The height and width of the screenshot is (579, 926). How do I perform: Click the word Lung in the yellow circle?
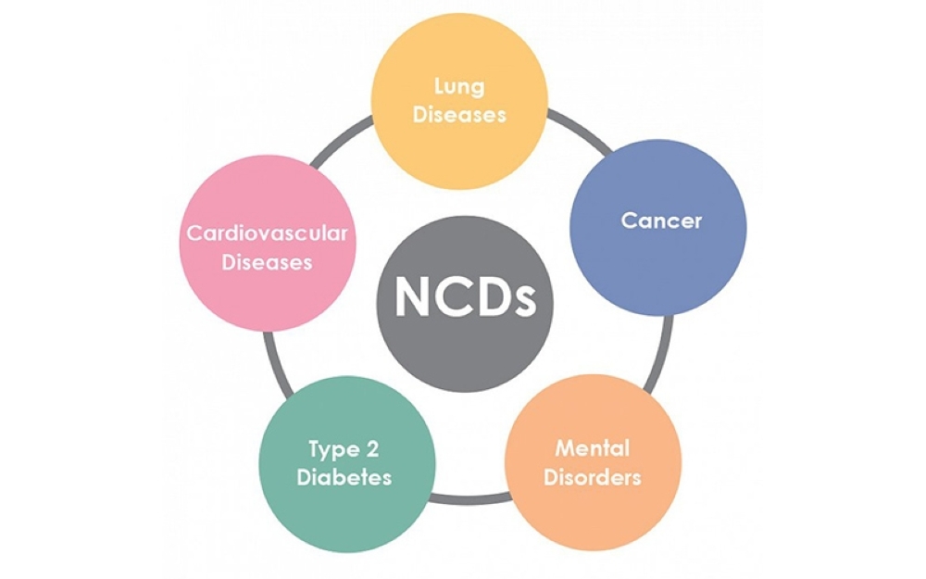459,87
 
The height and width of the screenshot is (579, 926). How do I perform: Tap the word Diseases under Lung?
459,116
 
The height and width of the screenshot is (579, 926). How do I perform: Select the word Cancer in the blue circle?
661,221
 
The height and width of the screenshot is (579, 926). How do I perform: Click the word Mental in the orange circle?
593,449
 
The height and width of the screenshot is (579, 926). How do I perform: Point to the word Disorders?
593,479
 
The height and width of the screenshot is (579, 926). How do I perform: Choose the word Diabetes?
349,478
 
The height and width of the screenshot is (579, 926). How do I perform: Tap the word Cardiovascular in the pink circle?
268,233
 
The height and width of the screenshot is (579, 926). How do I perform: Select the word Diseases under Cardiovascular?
268,262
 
